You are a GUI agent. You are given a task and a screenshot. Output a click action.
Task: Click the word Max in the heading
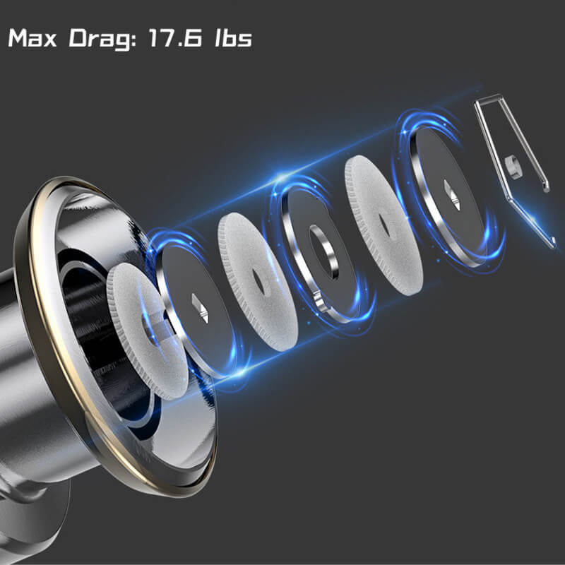tap(32, 38)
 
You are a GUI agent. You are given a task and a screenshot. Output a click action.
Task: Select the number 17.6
tap(175, 38)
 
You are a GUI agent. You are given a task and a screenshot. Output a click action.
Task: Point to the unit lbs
tap(234, 38)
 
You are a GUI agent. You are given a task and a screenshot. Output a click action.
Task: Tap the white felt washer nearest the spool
tap(147, 331)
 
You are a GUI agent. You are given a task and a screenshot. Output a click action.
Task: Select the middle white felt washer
tap(258, 282)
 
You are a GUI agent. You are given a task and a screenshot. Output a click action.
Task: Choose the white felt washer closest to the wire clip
tap(383, 225)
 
